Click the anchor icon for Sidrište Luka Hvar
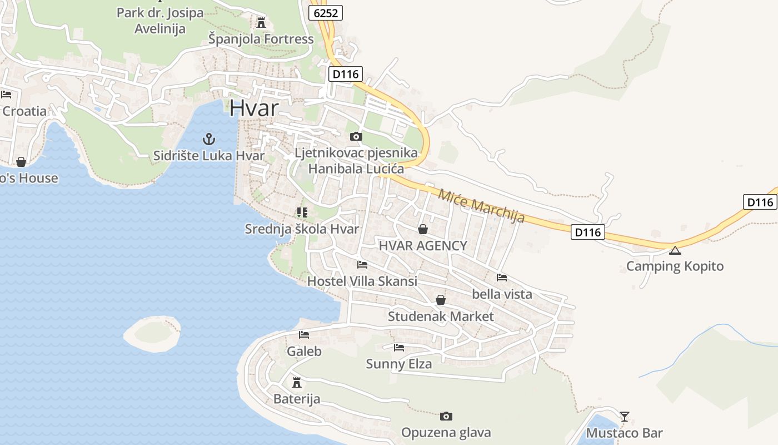click(209, 139)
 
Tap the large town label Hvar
click(253, 108)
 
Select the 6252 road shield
click(326, 13)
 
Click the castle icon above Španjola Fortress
click(261, 23)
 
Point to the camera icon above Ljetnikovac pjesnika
click(356, 136)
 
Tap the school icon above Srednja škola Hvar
click(302, 212)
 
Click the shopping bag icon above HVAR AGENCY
click(423, 229)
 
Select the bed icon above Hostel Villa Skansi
click(362, 265)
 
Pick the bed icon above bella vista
click(502, 277)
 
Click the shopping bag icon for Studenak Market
click(441, 300)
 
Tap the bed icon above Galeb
click(304, 335)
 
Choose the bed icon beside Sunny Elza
click(398, 348)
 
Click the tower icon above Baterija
click(297, 383)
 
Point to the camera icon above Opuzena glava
click(446, 416)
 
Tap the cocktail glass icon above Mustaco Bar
click(625, 416)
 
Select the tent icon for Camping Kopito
click(675, 250)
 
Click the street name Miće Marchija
click(481, 206)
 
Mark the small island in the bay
click(152, 333)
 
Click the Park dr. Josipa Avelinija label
click(160, 21)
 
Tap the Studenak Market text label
click(441, 317)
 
